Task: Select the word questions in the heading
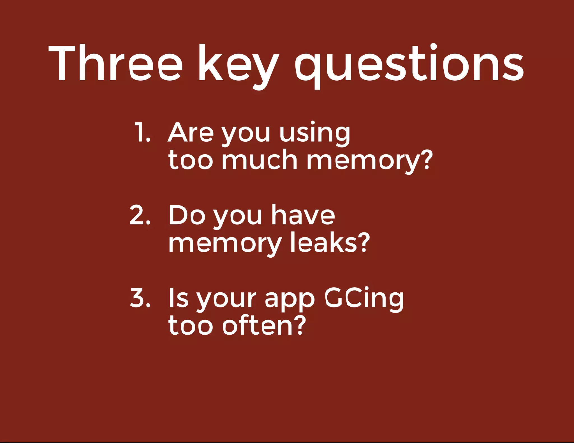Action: pos(409,66)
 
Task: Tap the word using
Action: pos(314,133)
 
